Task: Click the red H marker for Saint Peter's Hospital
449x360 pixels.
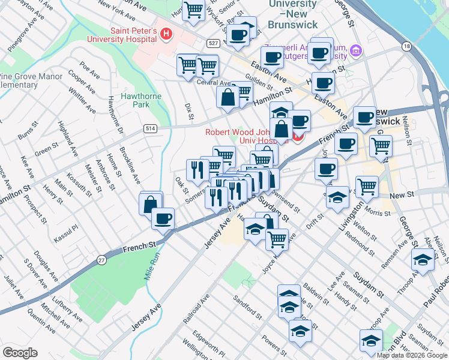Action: (x=165, y=35)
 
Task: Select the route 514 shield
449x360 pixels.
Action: (x=151, y=128)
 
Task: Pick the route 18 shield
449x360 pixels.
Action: (x=407, y=47)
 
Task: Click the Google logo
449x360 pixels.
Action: (x=20, y=353)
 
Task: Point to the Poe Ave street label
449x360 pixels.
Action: (x=89, y=71)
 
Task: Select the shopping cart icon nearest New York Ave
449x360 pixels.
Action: (x=193, y=10)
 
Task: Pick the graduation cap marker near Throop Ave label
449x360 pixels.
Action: (x=423, y=260)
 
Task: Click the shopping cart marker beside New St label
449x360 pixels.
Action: (x=367, y=186)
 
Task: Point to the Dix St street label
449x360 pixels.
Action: (x=190, y=109)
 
